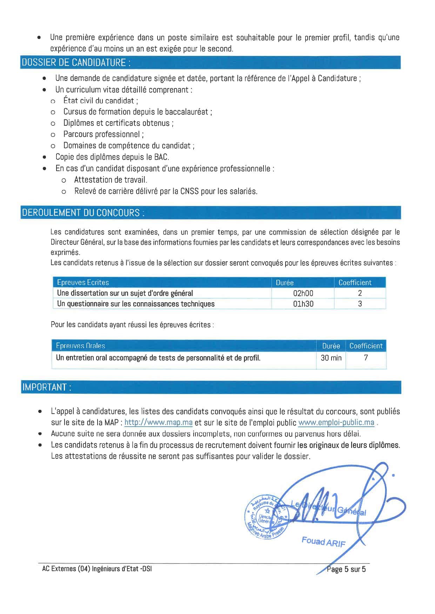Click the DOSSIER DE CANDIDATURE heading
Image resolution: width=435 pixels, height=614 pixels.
point(76,63)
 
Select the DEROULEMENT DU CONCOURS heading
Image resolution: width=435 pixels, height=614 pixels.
point(83,213)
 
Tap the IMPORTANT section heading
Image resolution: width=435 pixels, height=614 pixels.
point(47,387)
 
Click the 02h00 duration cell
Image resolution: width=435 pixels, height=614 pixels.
point(303,293)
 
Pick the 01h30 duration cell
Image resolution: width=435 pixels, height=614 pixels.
point(303,304)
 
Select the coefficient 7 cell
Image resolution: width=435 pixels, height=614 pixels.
point(366,358)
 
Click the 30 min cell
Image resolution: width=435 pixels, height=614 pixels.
point(331,358)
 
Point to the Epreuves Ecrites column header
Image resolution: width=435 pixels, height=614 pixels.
point(83,282)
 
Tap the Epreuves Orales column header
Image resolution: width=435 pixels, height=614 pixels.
point(80,346)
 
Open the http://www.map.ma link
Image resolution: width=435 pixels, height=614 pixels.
point(158,422)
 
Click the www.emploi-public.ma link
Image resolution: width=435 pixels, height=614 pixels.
point(336,422)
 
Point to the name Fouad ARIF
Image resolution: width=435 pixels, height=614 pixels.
point(323,542)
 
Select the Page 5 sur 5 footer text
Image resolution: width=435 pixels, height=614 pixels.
point(346,569)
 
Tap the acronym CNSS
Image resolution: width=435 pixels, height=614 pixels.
point(189,191)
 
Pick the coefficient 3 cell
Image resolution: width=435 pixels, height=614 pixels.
point(360,304)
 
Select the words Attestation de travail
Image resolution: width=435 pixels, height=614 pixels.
point(111,180)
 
